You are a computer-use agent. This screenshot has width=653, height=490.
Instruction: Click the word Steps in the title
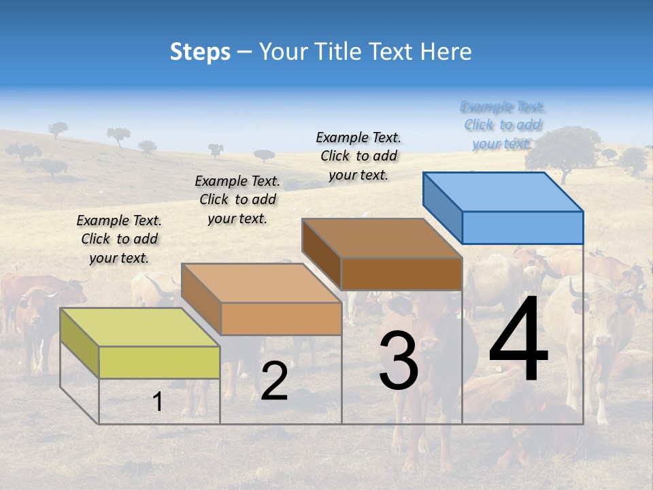coord(200,52)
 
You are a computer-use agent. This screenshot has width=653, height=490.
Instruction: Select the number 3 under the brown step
coord(399,361)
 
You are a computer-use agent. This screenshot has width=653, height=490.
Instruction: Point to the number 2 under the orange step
coord(274,381)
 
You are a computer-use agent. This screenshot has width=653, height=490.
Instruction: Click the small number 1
coord(158,402)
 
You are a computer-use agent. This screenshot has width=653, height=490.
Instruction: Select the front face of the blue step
coord(522,227)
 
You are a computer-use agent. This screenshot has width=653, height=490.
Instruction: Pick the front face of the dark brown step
coord(401,274)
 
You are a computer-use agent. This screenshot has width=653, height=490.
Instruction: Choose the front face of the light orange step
coord(281,318)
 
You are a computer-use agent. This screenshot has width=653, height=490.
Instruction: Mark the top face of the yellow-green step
coord(140,327)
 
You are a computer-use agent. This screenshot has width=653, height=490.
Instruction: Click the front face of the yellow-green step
coord(159,362)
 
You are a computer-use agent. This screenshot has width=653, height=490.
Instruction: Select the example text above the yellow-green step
coord(119,239)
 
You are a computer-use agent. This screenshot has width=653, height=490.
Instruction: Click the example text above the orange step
coord(237,199)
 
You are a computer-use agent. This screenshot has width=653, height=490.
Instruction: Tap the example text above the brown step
coord(358,156)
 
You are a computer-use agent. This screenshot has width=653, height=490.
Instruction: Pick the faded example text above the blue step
coord(503,125)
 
